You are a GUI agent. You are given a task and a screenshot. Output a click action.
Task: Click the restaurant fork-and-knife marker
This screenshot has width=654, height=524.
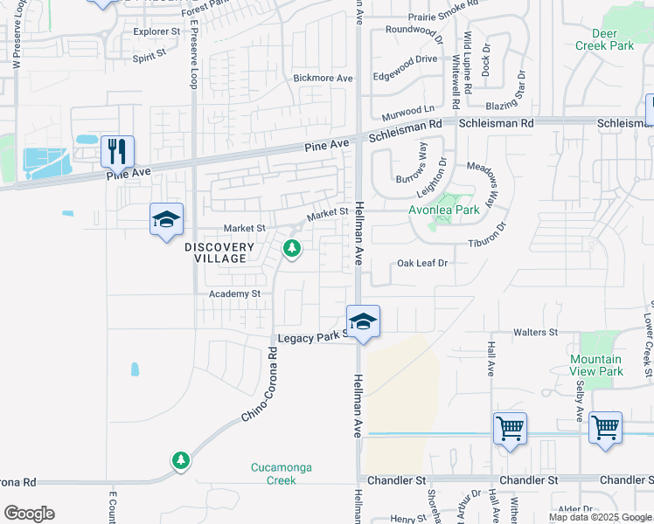[117, 150]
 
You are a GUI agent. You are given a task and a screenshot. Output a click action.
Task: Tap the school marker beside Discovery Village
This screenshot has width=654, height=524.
[166, 219]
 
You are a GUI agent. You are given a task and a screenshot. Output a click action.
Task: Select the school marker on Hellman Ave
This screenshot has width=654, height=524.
[363, 321]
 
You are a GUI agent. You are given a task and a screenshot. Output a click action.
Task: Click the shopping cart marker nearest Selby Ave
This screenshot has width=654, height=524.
[605, 428]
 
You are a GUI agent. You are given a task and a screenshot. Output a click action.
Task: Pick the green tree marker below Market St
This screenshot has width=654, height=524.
[292, 250]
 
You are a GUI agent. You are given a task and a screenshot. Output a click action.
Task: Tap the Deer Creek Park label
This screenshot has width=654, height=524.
[606, 39]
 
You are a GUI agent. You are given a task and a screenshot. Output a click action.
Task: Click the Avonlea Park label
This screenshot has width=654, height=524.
[443, 210]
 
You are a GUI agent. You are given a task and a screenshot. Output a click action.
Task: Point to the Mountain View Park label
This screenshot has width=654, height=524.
[596, 365]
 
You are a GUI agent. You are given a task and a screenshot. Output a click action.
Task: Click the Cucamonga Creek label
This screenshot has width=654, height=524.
[281, 473]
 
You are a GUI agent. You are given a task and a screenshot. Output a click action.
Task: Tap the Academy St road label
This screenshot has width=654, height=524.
[234, 294]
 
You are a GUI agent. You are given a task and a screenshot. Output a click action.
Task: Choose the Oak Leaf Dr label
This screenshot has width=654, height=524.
[422, 262]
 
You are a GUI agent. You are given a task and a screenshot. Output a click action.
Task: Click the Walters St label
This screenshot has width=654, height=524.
[535, 333]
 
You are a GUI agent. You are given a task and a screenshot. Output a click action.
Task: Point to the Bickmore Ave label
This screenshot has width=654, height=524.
[323, 78]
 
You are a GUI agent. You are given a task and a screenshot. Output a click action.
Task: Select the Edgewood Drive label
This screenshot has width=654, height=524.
[405, 59]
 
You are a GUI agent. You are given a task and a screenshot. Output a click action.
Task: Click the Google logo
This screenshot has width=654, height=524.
[29, 514]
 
